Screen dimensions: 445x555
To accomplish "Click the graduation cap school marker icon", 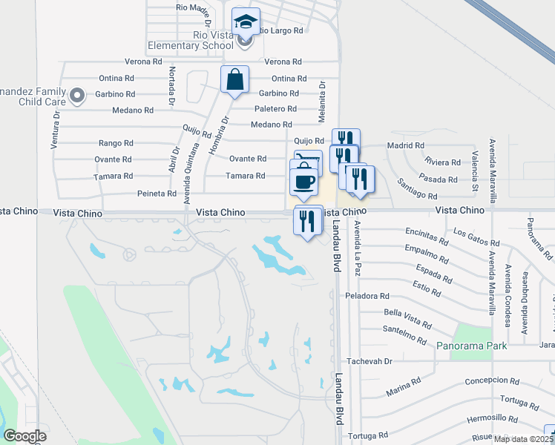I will [x=245, y=22].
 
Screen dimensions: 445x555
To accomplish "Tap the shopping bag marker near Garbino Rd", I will [x=234, y=79].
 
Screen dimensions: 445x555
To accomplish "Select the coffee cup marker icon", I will [x=303, y=181].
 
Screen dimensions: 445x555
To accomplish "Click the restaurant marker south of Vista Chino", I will [x=308, y=220].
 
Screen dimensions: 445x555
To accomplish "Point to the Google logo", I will [x=24, y=436].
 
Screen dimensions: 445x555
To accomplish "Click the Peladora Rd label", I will [x=367, y=296].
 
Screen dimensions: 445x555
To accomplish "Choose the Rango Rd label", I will [x=116, y=143].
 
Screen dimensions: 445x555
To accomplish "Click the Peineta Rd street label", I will [x=157, y=194].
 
